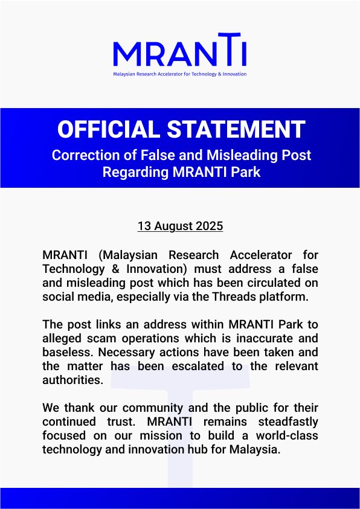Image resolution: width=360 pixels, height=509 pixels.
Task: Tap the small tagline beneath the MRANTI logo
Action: [x=179, y=74]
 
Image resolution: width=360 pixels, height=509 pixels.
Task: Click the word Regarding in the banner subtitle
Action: [x=130, y=171]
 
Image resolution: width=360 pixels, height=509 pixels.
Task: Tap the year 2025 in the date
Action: [x=208, y=226]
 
